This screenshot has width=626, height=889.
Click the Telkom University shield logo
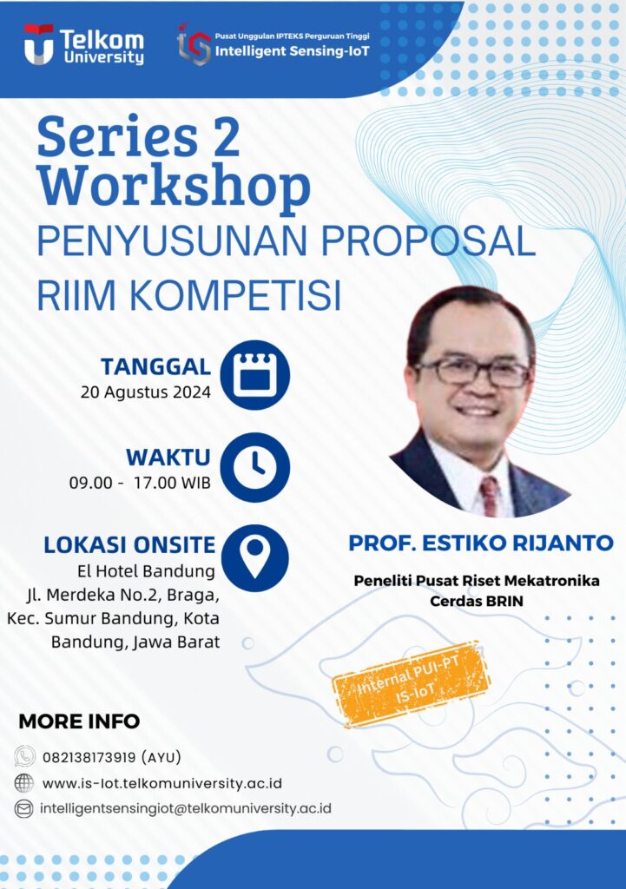pos(38,43)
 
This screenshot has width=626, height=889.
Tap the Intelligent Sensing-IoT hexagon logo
pos(194,44)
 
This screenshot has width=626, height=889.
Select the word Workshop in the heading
pos(174,187)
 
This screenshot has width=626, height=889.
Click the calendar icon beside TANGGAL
pos(255,375)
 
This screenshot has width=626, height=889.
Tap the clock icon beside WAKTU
pos(255,467)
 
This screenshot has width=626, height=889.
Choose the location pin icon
pos(255,558)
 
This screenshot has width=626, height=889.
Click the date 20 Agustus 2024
pos(146,392)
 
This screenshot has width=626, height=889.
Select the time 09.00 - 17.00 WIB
pos(140,483)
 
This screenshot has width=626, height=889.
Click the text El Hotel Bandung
pos(146,571)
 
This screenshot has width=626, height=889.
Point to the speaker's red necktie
pos(489,496)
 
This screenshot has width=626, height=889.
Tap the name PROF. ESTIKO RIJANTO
pos(481,543)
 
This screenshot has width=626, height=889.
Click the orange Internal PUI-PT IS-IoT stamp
pos(411,684)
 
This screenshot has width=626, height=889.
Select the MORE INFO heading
pos(79,721)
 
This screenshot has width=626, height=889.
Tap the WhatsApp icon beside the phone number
pos(24,756)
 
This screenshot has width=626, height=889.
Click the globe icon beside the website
pos(23,783)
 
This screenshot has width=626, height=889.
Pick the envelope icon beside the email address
pos(23,809)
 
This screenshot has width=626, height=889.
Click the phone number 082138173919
pos(89,757)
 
